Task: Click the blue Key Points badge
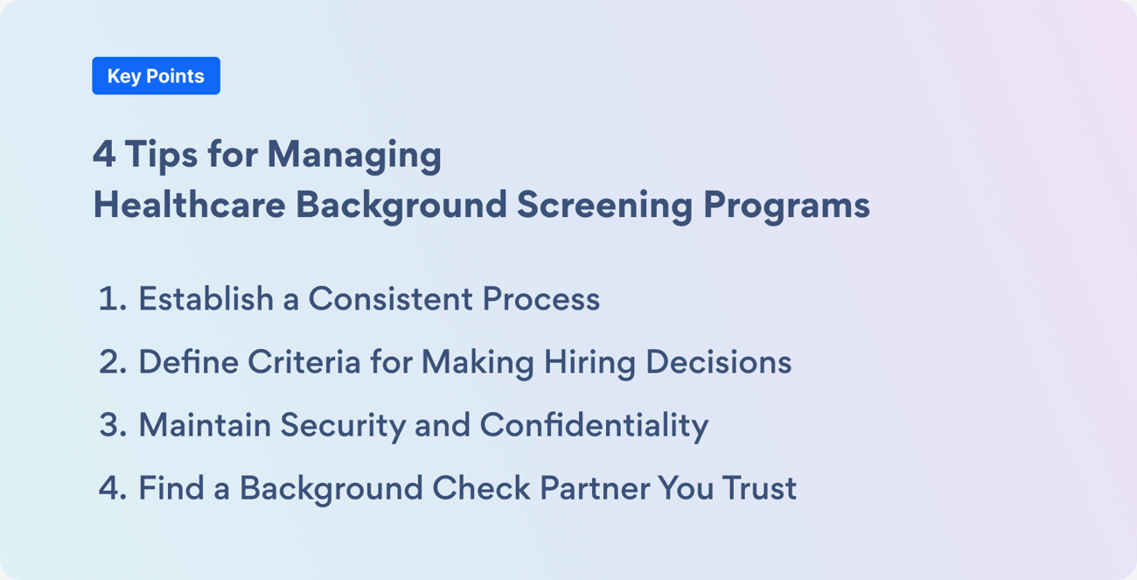[x=156, y=76]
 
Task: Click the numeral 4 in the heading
[x=103, y=156]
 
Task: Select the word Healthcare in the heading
[x=189, y=205]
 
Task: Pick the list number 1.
[x=110, y=299]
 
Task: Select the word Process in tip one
[x=541, y=299]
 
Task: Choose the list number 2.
[x=112, y=362]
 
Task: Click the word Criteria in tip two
[x=304, y=362]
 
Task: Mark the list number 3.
[x=112, y=425]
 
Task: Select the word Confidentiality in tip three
[x=594, y=425]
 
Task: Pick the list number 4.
[x=112, y=488]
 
